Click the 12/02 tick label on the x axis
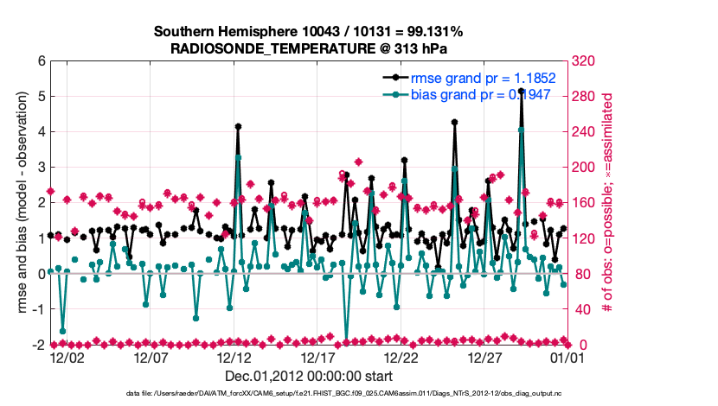[x=67, y=356]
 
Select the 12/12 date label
[x=234, y=356]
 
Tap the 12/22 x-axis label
[x=402, y=356]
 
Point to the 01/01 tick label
[x=570, y=356]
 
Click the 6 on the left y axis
[x=40, y=61]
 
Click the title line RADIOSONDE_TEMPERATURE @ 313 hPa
[x=308, y=48]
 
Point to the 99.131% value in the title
[x=432, y=32]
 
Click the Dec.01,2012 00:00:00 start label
[x=308, y=376]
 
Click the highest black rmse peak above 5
[x=521, y=90]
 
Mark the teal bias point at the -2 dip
[x=346, y=343]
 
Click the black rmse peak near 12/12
[x=238, y=126]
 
